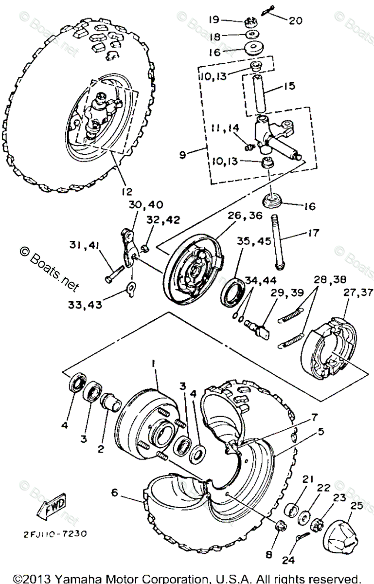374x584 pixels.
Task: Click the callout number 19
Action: point(216,19)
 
